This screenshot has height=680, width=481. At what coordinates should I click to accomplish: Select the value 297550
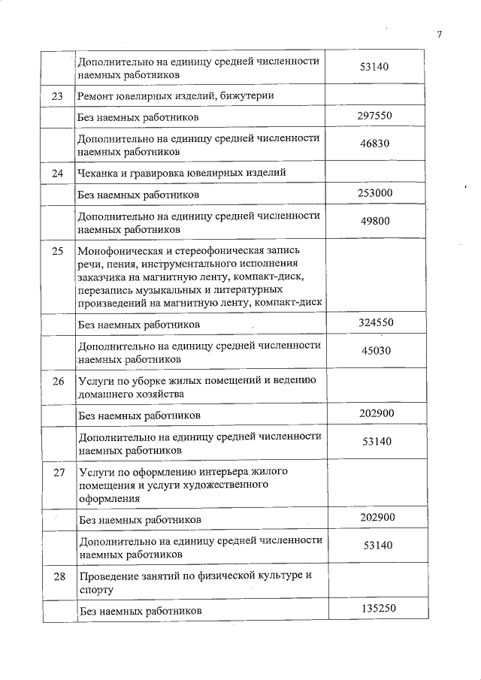[374, 116]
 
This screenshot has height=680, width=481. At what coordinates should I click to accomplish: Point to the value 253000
[374, 194]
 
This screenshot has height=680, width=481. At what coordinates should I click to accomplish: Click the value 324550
[374, 324]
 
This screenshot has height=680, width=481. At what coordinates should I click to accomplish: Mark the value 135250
[374, 610]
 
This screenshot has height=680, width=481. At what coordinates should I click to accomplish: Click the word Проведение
[107, 576]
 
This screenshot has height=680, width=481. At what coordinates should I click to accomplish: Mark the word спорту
[92, 590]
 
